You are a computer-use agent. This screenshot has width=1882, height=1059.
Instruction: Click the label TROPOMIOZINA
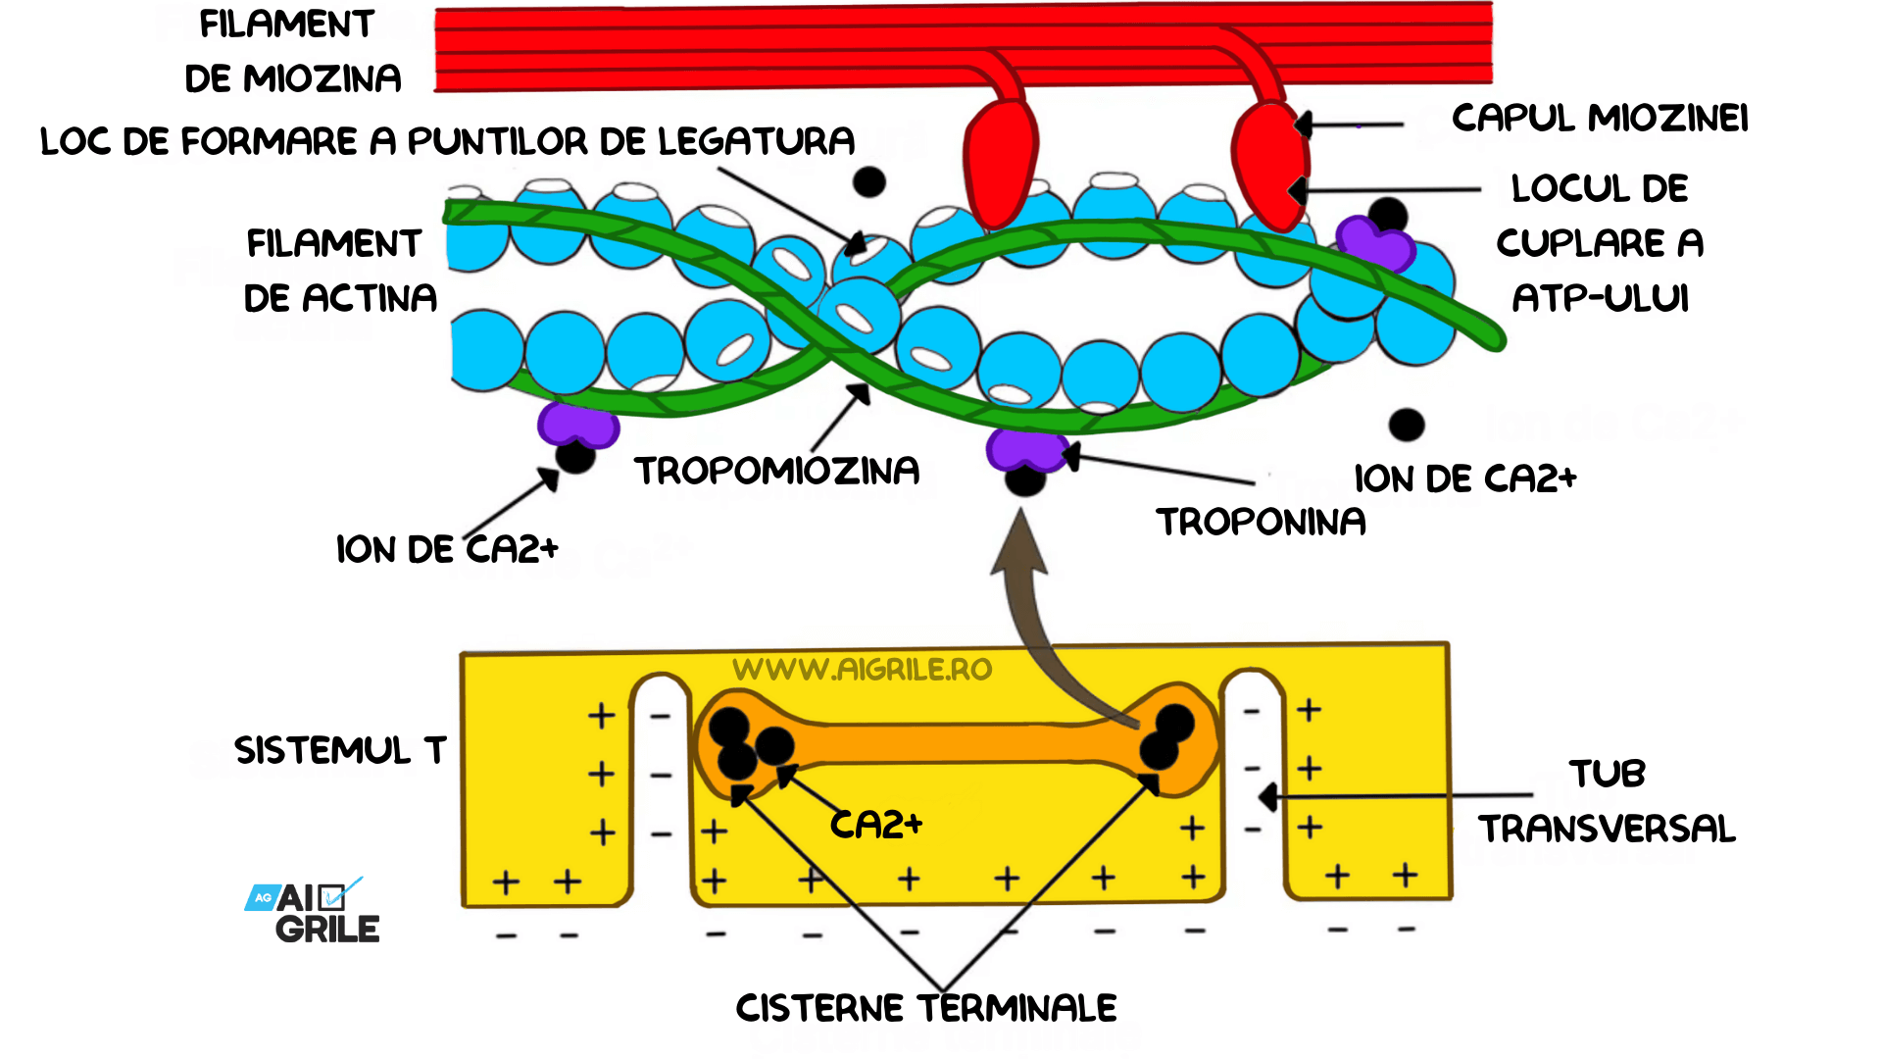click(776, 471)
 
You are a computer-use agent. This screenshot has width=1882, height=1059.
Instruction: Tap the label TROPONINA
click(1261, 522)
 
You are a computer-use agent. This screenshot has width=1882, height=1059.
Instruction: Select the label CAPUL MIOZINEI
click(1600, 118)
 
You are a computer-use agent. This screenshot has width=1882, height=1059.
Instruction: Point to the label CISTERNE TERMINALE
click(926, 1008)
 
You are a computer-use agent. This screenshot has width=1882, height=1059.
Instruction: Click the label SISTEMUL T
click(340, 750)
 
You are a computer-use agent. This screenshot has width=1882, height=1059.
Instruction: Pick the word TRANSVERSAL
click(1607, 829)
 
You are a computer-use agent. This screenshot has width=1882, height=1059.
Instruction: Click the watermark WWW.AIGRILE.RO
click(862, 670)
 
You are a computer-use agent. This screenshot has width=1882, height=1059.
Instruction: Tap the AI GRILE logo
click(314, 912)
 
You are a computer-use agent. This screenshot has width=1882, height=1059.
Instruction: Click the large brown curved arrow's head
click(1019, 544)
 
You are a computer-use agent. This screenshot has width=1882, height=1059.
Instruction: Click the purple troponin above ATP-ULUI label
click(1374, 243)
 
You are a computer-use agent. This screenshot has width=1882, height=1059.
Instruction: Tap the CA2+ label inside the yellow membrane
click(876, 825)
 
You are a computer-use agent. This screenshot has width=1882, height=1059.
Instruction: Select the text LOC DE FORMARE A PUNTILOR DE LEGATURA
click(447, 141)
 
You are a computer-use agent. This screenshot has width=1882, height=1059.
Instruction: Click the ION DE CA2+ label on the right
click(1464, 479)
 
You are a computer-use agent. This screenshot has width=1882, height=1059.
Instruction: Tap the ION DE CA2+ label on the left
click(447, 549)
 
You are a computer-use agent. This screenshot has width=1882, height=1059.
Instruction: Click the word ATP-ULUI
click(1600, 298)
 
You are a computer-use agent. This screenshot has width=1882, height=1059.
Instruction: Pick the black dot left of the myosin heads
click(868, 181)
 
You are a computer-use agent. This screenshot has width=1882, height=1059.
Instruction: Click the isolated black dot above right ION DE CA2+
click(1407, 425)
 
